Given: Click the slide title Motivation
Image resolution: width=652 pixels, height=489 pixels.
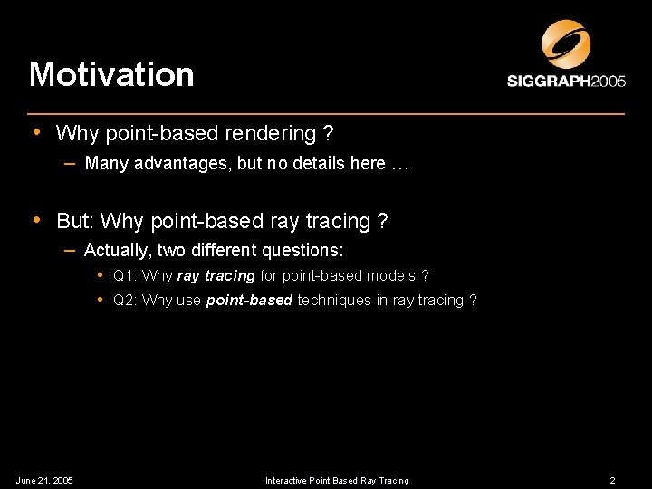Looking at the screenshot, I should (111, 74).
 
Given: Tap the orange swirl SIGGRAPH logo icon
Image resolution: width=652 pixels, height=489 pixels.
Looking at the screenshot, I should (566, 44).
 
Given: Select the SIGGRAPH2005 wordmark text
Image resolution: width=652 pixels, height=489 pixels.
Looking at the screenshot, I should (566, 81).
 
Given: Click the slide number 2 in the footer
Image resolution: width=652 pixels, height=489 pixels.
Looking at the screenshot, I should (613, 480).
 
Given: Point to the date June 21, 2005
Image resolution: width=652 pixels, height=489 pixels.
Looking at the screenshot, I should (44, 480).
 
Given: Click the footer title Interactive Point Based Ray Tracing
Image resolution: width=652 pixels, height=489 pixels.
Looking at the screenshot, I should (337, 480).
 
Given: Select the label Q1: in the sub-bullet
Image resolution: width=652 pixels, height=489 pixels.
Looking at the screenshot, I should (126, 275).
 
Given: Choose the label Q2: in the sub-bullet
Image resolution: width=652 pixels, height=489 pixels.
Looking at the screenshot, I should (126, 301).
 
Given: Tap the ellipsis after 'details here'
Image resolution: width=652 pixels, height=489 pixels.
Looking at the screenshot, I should (401, 164).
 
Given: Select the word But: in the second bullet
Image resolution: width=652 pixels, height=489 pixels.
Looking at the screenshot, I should (76, 221).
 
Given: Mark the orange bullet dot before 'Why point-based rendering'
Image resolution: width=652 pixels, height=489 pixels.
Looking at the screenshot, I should (36, 132).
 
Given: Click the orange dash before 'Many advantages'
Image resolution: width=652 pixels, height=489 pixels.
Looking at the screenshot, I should (70, 163).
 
